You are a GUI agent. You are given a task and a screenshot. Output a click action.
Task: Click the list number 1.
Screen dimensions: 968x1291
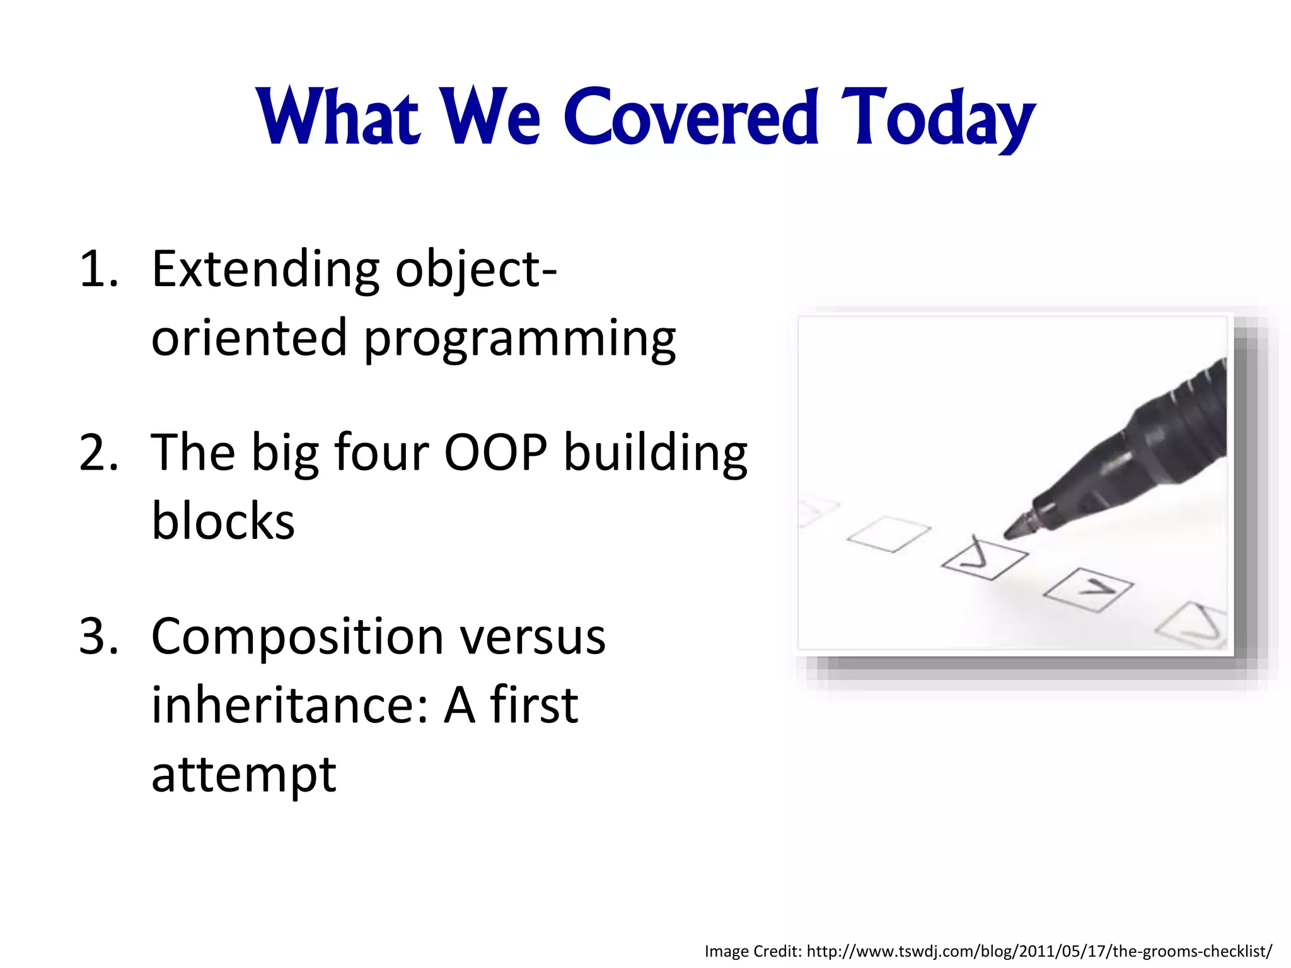[99, 270]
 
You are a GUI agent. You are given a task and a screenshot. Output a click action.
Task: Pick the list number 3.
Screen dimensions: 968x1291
[99, 637]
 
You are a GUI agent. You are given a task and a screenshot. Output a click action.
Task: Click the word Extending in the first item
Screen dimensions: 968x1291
[265, 270]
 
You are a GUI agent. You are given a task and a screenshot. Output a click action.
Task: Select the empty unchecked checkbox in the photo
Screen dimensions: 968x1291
[889, 534]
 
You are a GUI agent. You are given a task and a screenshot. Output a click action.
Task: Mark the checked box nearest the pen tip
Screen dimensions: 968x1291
[984, 558]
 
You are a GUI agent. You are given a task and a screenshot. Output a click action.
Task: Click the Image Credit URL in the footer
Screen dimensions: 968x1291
[1039, 950]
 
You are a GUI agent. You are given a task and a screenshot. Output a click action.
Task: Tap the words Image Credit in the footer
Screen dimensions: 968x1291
[752, 950]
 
